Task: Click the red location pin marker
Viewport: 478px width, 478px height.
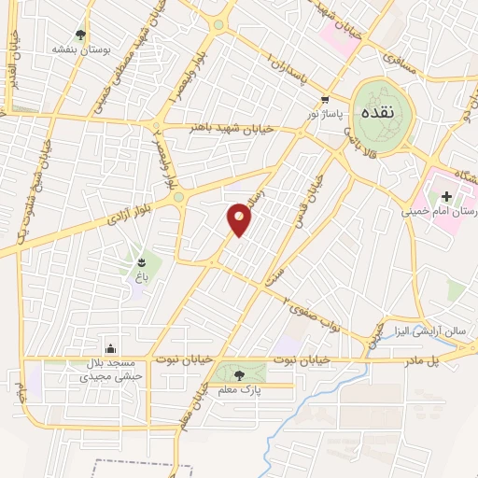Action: click(x=239, y=219)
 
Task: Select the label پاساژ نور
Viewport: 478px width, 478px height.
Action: click(x=327, y=114)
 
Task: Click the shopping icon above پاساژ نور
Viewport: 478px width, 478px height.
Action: click(x=324, y=100)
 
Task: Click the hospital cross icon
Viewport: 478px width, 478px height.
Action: click(x=446, y=196)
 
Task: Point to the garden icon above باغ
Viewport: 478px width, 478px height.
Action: click(x=140, y=261)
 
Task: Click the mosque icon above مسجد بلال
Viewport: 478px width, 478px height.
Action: click(x=111, y=348)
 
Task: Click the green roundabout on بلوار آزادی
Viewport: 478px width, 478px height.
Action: click(x=177, y=198)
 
